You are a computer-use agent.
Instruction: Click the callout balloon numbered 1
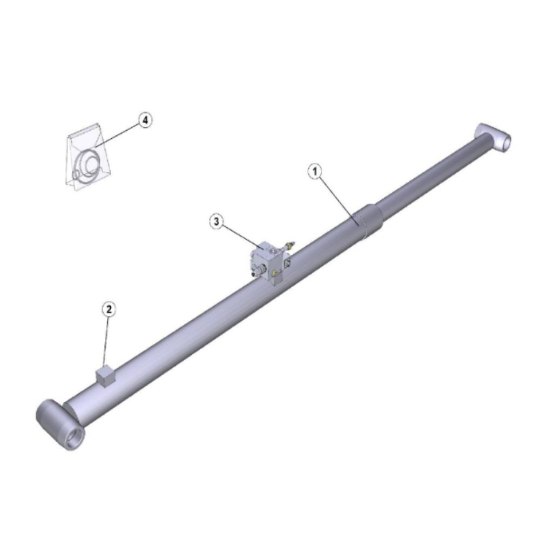[x=314, y=171]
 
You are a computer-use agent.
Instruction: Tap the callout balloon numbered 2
[x=109, y=309]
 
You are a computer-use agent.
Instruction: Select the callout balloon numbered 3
[x=217, y=221]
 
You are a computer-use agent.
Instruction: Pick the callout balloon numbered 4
[x=145, y=120]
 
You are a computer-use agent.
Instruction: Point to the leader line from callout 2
[x=106, y=341]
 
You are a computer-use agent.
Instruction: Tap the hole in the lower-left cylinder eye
[x=75, y=437]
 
